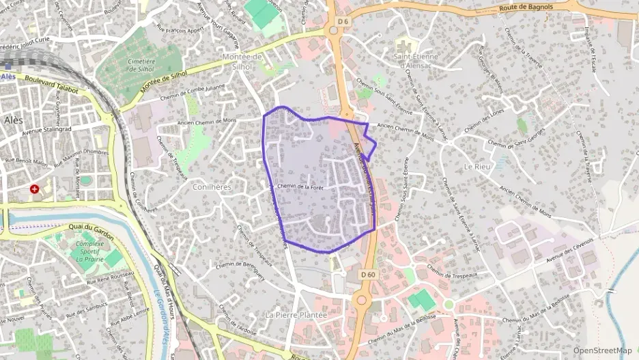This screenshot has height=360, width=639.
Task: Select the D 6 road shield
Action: [x=342, y=22]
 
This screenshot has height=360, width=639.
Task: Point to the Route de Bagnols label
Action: [x=527, y=8]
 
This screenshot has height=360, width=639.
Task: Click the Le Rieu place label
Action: [x=479, y=167]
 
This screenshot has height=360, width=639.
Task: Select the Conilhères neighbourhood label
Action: [x=212, y=186]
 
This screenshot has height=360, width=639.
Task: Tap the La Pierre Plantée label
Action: [x=295, y=315]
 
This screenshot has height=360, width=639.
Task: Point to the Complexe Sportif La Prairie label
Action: [x=89, y=251]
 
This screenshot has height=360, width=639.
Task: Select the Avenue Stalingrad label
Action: [x=47, y=128]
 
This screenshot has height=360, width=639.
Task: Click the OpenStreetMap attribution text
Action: [x=602, y=351]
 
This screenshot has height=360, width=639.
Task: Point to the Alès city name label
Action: [x=14, y=120]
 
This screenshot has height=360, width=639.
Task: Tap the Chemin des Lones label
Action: [x=484, y=120]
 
